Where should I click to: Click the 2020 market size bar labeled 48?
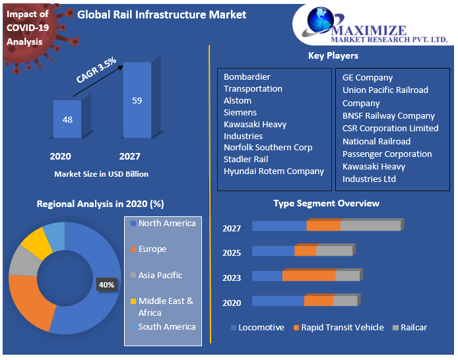pyautogui.click(x=67, y=119)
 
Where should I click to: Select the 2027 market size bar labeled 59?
pyautogui.click(x=137, y=100)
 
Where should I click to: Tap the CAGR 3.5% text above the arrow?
pyautogui.click(x=96, y=70)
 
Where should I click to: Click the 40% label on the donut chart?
pyautogui.click(x=106, y=285)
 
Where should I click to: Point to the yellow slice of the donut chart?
pyautogui.click(x=36, y=243)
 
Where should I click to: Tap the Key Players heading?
pyautogui.click(x=333, y=55)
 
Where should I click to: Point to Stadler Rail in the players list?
pyautogui.click(x=246, y=159)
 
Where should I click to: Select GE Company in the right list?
pyautogui.click(x=367, y=77)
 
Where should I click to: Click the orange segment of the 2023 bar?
pyautogui.click(x=309, y=276)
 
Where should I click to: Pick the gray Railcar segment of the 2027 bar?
pyautogui.click(x=370, y=225)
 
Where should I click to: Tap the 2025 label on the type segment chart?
pyautogui.click(x=232, y=253)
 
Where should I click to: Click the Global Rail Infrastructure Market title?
pyautogui.click(x=162, y=15)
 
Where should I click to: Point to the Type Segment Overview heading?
pyautogui.click(x=326, y=203)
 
